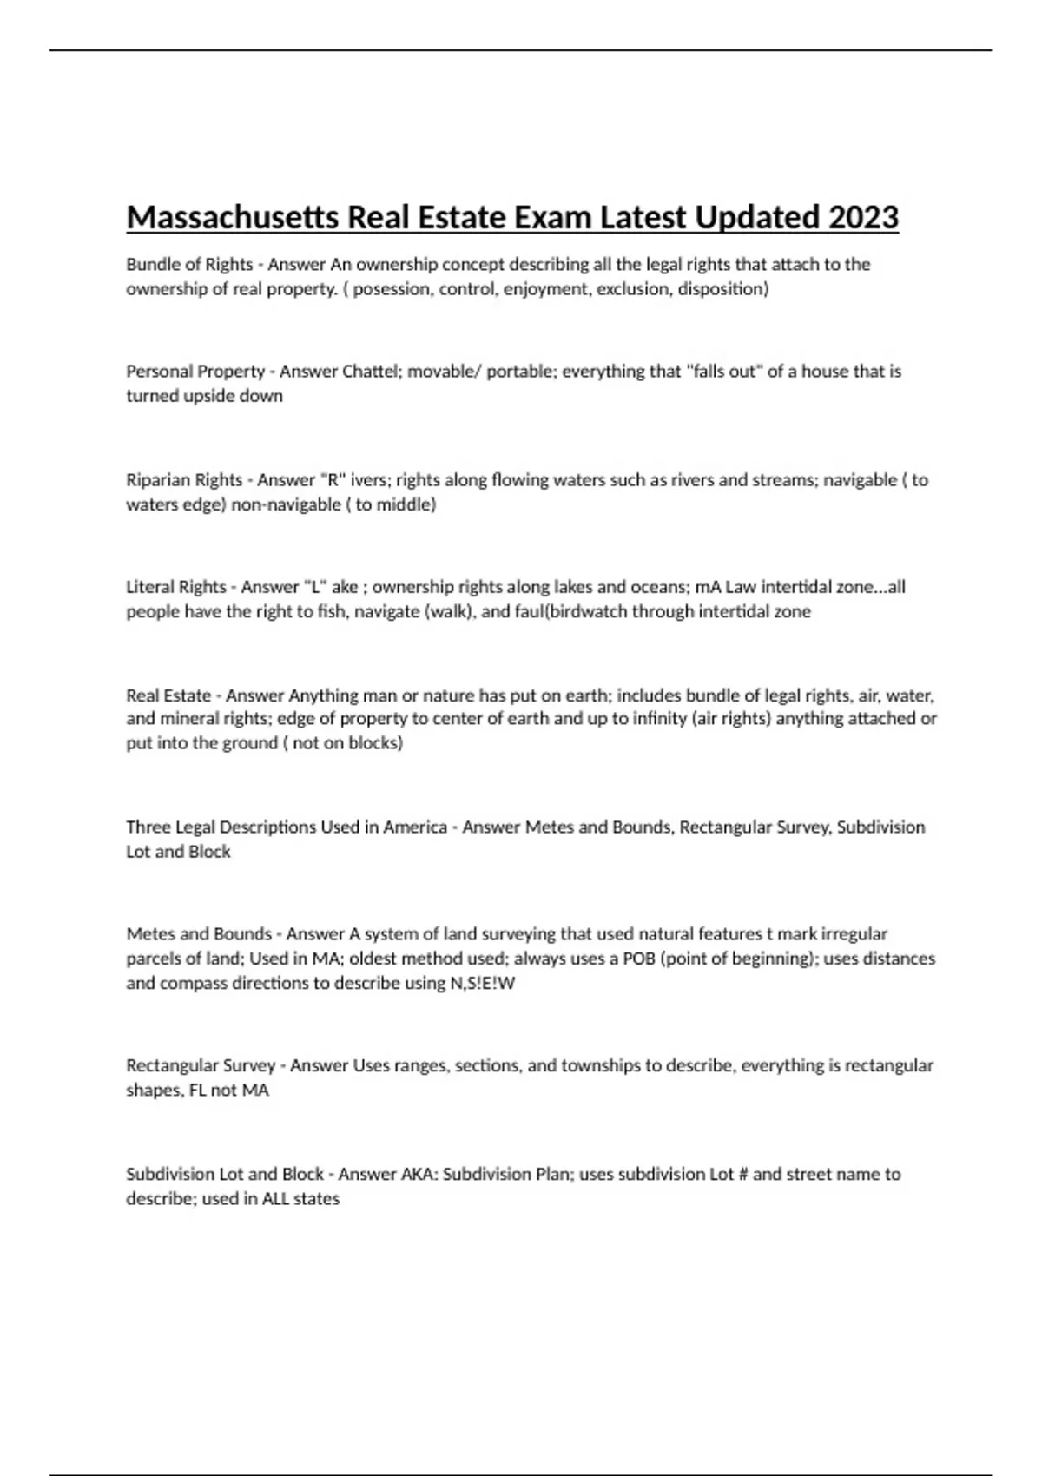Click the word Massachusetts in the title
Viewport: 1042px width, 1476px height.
click(x=233, y=217)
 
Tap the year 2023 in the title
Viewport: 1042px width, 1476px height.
click(x=863, y=217)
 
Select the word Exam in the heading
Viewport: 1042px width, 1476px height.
click(x=552, y=217)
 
